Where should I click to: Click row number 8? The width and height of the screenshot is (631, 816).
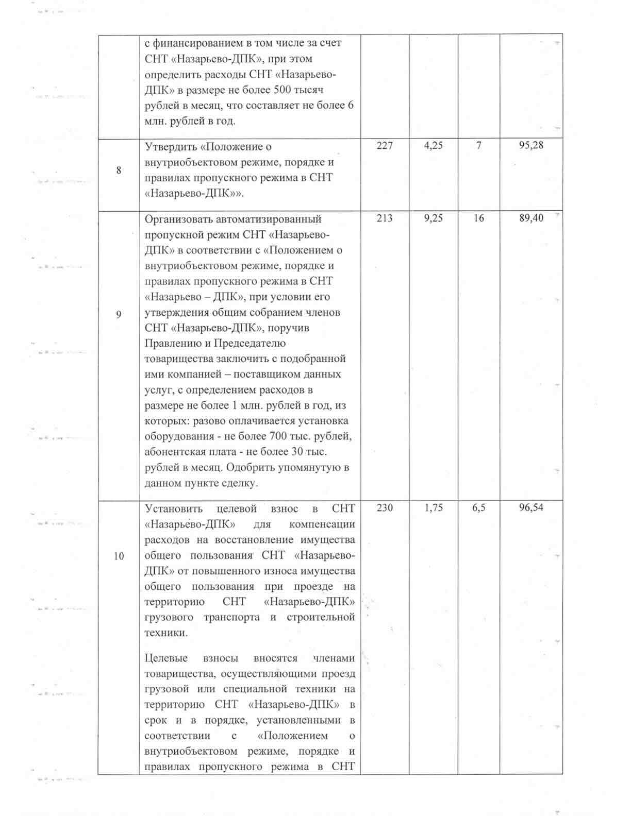119,170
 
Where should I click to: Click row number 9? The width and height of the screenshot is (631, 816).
119,313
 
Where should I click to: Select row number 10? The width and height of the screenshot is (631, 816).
119,556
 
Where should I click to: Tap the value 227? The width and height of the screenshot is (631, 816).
385,146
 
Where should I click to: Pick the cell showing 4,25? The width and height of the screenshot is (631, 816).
433,146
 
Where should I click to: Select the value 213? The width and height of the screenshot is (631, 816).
385,218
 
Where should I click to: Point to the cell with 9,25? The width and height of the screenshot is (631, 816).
433,218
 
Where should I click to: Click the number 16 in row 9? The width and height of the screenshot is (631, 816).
478,218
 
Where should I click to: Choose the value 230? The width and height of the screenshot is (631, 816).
385,508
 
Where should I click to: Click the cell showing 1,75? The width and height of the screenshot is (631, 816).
433,508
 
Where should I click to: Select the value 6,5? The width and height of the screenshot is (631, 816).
478,508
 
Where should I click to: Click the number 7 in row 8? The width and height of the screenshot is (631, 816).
478,146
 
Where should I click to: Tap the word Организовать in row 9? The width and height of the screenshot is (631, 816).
178,219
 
